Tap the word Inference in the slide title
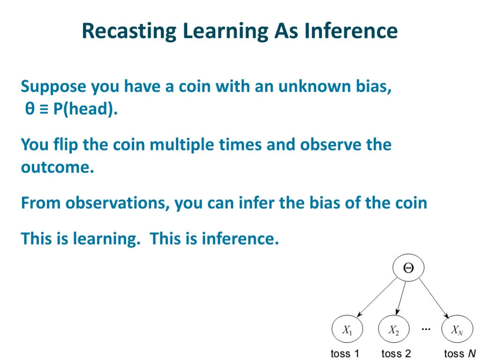tap(351, 31)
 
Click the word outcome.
tap(57, 167)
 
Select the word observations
tap(117, 203)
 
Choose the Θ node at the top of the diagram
tap(408, 268)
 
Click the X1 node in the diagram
tap(347, 330)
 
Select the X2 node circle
tap(394, 330)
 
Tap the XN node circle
tap(457, 330)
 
